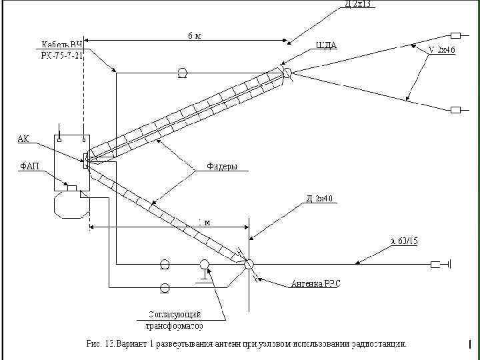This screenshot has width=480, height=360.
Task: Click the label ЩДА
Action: coord(326,45)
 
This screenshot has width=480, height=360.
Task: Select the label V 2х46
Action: coord(441,50)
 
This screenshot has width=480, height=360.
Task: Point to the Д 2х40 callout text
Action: coord(319,199)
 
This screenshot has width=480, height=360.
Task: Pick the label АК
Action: coord(23,139)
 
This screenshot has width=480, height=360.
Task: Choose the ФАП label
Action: coord(28,164)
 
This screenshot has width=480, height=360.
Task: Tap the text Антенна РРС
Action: coord(315,284)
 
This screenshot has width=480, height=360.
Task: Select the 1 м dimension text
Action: coord(204,222)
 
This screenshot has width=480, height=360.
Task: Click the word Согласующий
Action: coord(174,314)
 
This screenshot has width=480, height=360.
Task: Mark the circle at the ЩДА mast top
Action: coord(287,72)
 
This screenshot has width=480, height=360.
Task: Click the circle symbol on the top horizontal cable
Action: coord(181,72)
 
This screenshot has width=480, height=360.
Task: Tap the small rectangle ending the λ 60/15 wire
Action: coord(436,265)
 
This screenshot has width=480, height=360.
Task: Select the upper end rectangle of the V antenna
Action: coord(456,35)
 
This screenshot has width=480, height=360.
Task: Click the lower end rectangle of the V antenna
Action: coord(456,109)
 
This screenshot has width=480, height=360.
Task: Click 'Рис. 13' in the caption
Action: coord(101,344)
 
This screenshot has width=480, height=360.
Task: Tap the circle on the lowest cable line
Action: coord(165,287)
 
